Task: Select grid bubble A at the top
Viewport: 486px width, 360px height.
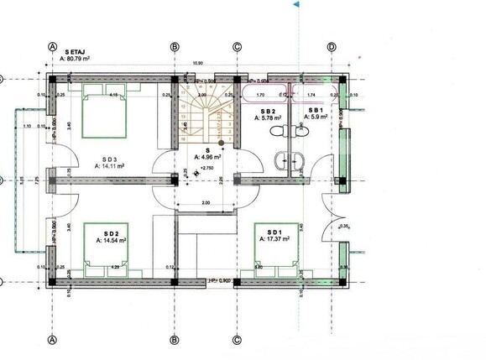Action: coord(53,46)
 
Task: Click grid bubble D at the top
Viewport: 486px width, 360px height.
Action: coord(332,46)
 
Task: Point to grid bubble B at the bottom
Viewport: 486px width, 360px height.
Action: coord(175,340)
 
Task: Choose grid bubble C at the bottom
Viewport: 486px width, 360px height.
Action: coord(238,340)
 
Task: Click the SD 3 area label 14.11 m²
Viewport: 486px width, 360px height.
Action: coord(110,166)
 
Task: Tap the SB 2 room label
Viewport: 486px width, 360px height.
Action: coord(268,111)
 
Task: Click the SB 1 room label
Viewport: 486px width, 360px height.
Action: coord(316,111)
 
